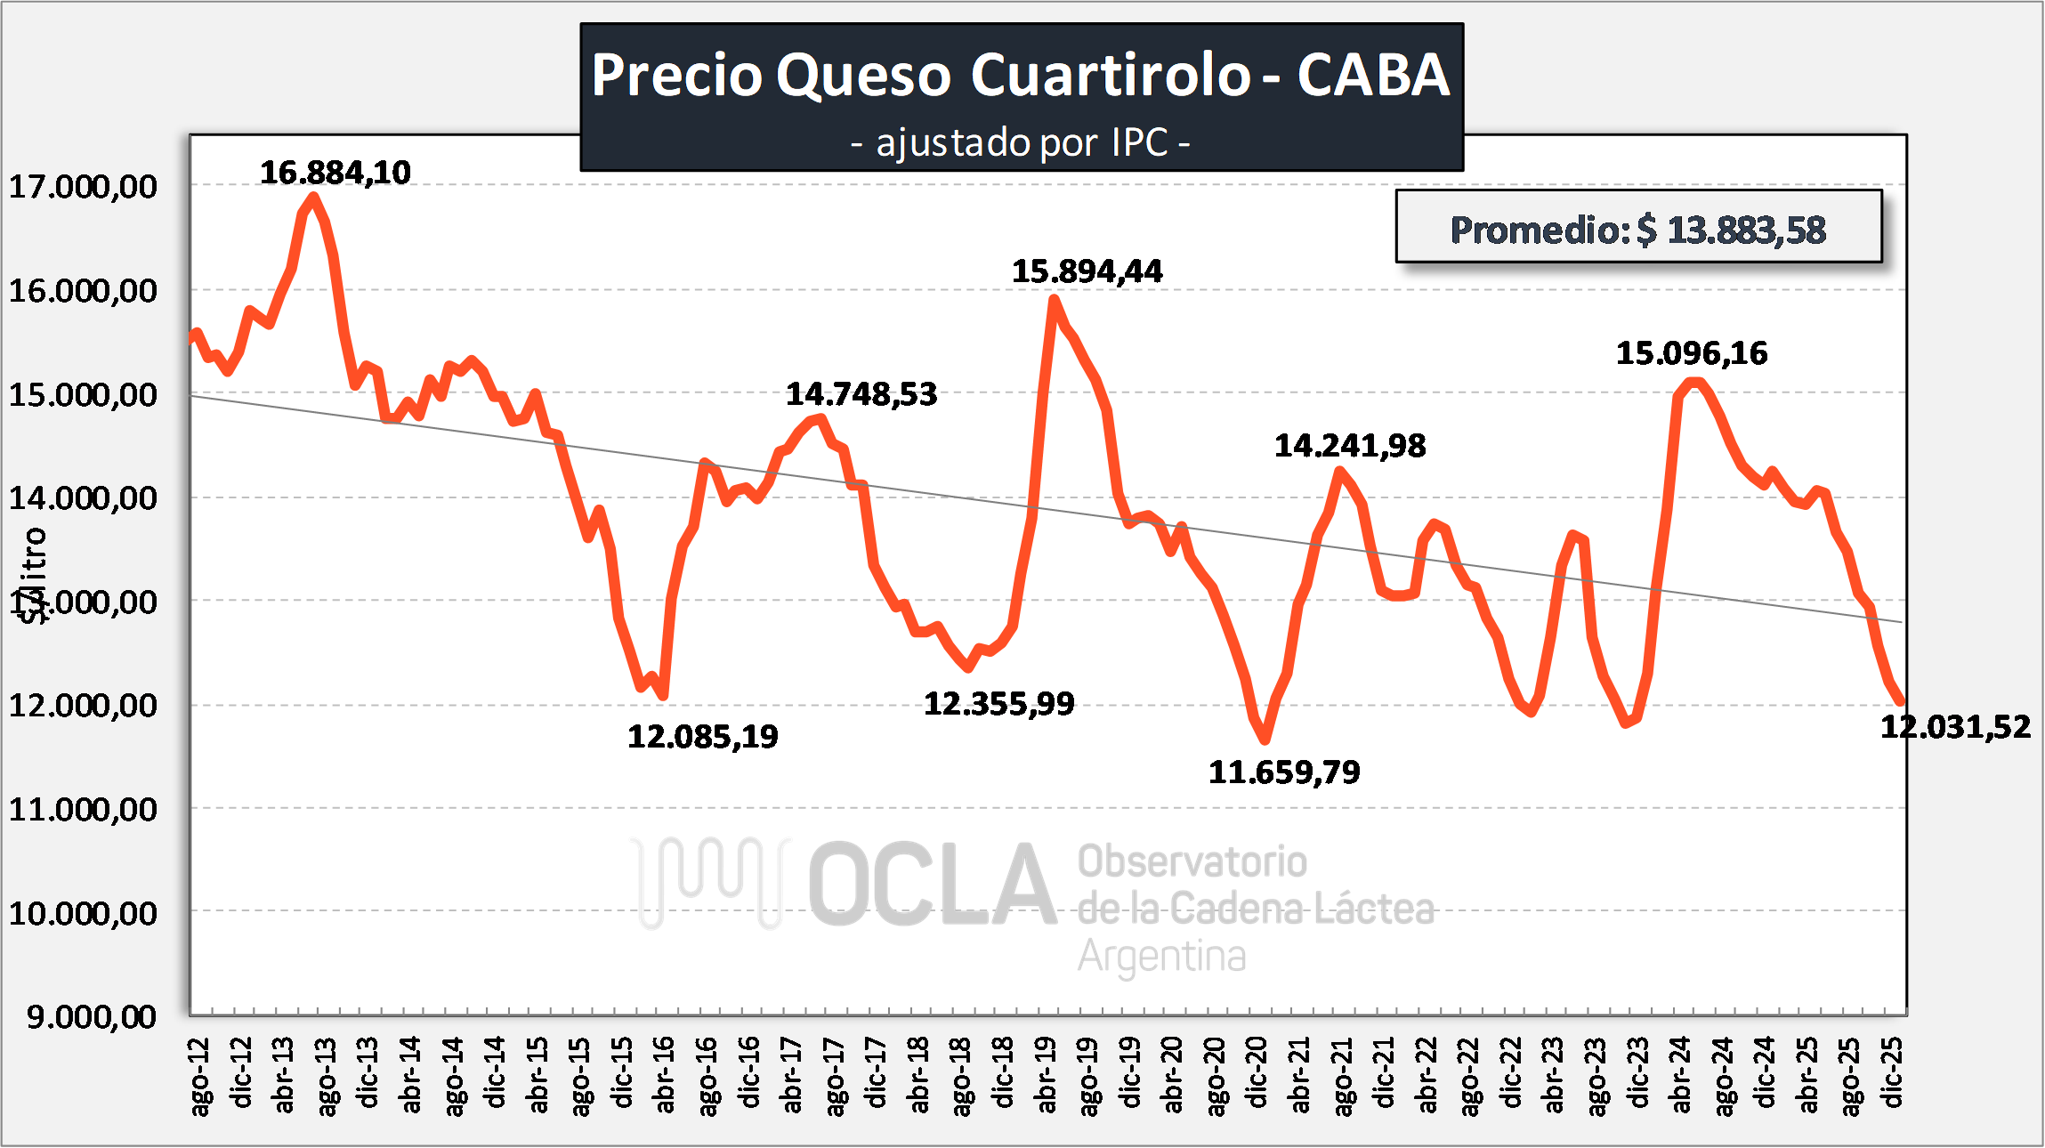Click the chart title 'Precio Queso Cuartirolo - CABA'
(x=1021, y=75)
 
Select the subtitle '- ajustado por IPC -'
(x=1021, y=142)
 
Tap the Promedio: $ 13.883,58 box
(x=1637, y=229)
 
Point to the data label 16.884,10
(x=335, y=173)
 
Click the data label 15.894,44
(x=1087, y=271)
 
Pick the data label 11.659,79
(x=1283, y=772)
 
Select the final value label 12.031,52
(x=1955, y=727)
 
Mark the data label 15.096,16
(x=1691, y=353)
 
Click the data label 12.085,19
(x=702, y=737)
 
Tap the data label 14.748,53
(x=861, y=394)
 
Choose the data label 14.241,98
(x=1349, y=446)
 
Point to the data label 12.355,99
(x=998, y=704)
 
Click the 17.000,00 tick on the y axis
(x=83, y=187)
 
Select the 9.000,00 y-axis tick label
(x=91, y=1016)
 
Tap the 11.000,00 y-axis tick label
(x=83, y=809)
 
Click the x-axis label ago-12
(x=201, y=1075)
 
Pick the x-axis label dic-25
(x=1893, y=1073)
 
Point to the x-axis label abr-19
(x=1047, y=1075)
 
